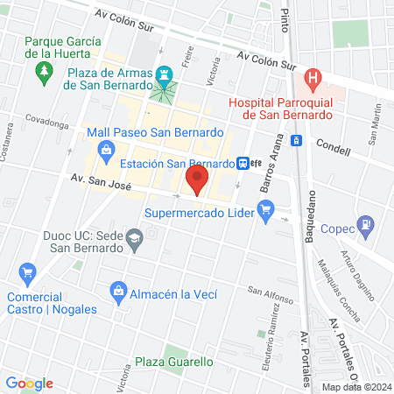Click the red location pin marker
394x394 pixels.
(197, 182)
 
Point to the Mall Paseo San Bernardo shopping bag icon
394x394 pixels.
(106, 150)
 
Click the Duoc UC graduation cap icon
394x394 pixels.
(136, 237)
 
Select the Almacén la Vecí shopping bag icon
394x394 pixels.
(116, 290)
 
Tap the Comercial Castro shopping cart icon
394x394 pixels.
(27, 273)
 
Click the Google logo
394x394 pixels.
(29, 383)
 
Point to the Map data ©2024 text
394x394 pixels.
(356, 386)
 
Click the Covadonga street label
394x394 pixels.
(46, 125)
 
